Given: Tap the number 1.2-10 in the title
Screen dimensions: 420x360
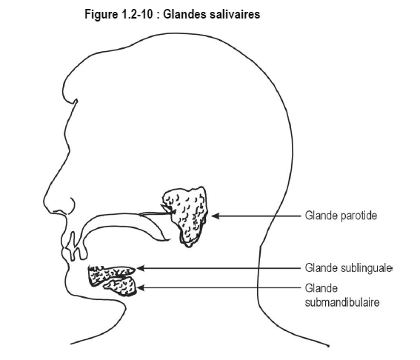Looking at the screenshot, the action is point(136,14).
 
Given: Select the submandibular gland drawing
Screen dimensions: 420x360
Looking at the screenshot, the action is point(122,287).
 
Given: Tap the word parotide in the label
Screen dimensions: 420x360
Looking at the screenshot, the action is point(359,216).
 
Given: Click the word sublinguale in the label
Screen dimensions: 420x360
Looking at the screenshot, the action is point(367,268).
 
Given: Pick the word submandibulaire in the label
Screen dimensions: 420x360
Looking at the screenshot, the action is point(342,302).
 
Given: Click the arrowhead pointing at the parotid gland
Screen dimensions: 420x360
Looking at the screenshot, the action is point(216,216).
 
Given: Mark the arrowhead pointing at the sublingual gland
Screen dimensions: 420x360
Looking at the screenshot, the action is point(141,268).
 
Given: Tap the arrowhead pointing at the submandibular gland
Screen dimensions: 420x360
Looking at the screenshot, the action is point(141,288).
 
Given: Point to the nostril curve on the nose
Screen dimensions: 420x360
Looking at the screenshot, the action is point(73,206).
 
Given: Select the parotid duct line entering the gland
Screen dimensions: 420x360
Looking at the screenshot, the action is point(157,213).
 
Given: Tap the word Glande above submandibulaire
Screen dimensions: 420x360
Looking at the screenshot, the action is point(321,288).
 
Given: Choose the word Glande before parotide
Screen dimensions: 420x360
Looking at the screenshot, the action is point(321,216).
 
